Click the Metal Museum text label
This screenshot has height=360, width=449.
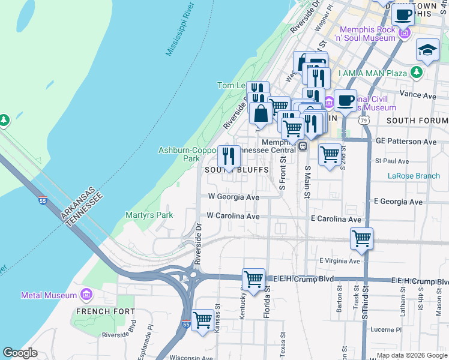[49, 295]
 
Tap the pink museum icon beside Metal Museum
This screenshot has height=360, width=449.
[86, 295]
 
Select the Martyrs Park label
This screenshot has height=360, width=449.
[149, 215]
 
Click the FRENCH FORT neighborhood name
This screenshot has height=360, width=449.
[101, 311]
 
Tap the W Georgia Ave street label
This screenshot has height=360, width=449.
[233, 197]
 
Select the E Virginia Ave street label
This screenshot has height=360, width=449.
[340, 261]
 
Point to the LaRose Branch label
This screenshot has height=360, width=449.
[414, 176]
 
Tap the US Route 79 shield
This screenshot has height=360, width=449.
[364, 121]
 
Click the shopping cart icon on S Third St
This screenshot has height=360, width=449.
[361, 238]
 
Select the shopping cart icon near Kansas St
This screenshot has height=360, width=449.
[203, 319]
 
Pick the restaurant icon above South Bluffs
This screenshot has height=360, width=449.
[229, 157]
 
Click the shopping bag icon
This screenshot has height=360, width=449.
[261, 112]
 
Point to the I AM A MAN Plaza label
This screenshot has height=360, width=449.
[373, 73]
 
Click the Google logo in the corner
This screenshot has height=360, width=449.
[20, 353]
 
